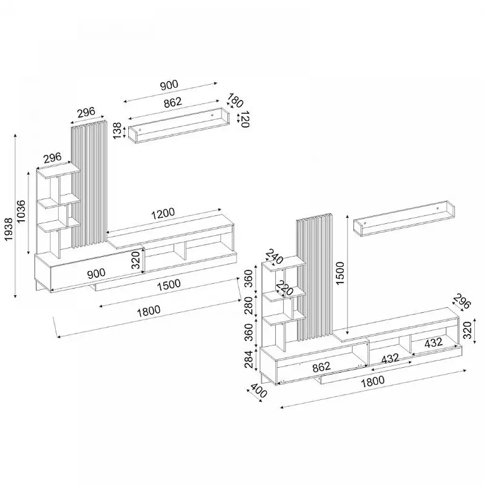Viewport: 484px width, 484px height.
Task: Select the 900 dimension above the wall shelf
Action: coord(169,85)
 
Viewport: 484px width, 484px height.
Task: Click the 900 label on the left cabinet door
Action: coord(96,273)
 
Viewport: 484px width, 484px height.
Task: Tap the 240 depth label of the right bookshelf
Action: coord(274,257)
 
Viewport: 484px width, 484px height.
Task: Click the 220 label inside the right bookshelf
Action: coord(285,289)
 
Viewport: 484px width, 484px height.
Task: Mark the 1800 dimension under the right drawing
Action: coord(372,380)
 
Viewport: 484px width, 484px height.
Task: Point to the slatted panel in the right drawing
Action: coord(315,276)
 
